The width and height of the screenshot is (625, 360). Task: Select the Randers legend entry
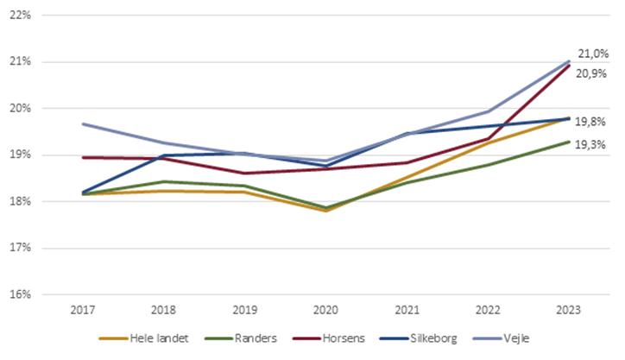point(244,339)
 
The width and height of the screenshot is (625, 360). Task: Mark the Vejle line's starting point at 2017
point(82,123)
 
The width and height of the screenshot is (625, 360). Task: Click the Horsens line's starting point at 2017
point(82,157)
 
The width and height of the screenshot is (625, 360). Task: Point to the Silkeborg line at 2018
point(163,155)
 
